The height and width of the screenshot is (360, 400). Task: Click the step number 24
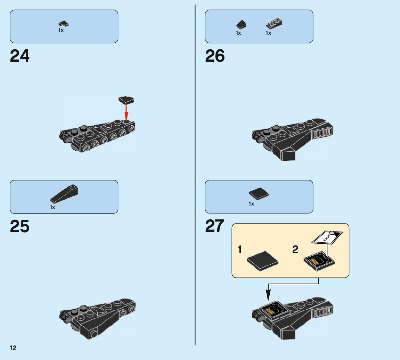(20, 56)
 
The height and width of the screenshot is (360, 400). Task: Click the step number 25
(20, 226)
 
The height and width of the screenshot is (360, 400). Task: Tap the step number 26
(215, 56)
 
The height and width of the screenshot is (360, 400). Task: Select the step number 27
(215, 226)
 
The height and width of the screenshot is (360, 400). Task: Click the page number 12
(13, 348)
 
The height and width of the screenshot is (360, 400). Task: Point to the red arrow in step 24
(126, 112)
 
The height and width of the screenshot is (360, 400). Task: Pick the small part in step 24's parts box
(64, 24)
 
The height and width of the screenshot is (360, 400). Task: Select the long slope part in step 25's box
(65, 193)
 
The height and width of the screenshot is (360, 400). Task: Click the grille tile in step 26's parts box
(274, 24)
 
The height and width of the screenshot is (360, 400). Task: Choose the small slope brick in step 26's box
(241, 24)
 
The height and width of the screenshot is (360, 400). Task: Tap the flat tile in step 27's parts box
(259, 193)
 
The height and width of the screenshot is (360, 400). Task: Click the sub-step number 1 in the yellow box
(240, 249)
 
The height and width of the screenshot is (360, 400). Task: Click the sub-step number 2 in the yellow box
(295, 249)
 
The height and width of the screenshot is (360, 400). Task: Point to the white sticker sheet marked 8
(327, 238)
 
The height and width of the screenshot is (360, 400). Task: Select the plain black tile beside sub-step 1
(262, 260)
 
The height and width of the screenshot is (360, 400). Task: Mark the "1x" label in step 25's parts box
(52, 207)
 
